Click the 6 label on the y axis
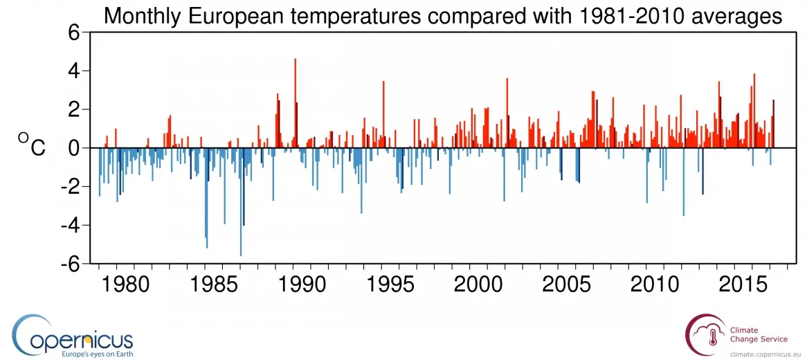click(x=75, y=32)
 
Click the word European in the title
click(x=257, y=15)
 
